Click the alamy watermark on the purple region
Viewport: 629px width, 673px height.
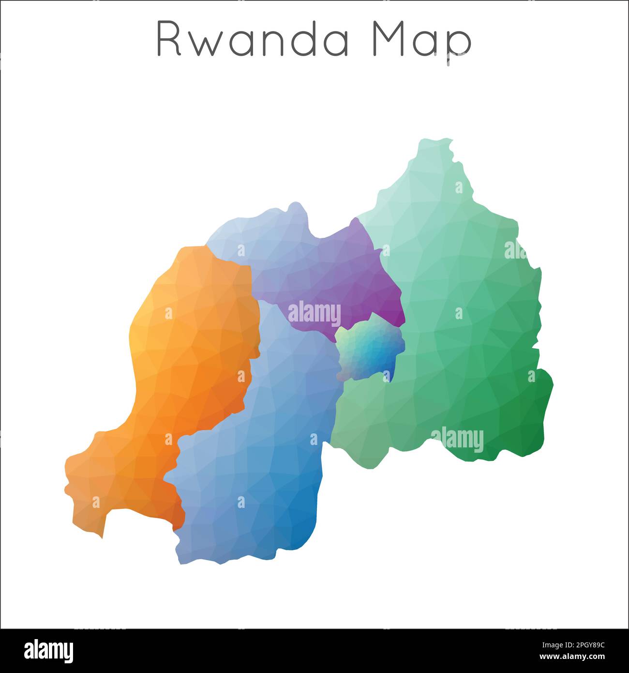coord(314,314)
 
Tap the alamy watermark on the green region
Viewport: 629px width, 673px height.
coord(457,440)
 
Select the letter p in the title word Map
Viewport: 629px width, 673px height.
coord(458,45)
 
